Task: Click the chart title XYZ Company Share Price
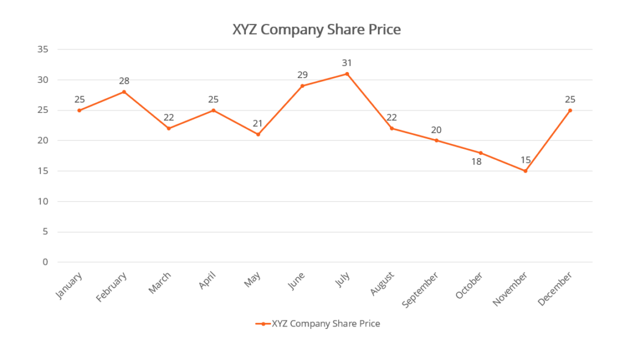316,29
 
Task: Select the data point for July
347,74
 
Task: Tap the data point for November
525,171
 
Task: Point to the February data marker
124,92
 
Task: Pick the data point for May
258,134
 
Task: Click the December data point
570,110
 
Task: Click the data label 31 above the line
347,63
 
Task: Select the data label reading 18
476,162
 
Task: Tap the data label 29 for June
302,75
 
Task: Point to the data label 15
525,160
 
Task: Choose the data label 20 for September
436,130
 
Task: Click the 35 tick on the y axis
43,49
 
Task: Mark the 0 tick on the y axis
45,262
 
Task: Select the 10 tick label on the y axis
43,201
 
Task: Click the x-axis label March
161,283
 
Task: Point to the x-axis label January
69,285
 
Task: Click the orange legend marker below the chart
263,324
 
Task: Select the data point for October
480,153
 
